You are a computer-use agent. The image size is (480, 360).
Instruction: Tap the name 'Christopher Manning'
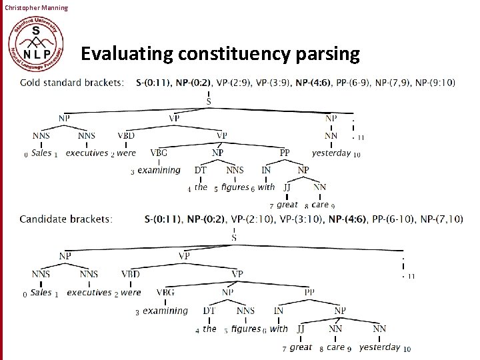click(35, 7)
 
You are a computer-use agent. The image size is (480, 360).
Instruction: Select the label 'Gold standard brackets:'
click(72, 83)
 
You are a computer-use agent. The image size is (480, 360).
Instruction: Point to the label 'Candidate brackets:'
click(66, 219)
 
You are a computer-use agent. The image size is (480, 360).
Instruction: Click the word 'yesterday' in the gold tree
click(331, 153)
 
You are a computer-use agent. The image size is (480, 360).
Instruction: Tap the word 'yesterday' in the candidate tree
click(379, 347)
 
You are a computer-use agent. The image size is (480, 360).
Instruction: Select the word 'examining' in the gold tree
click(159, 170)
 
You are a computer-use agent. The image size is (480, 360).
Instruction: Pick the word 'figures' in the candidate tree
click(246, 329)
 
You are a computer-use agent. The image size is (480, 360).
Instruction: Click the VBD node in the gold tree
click(126, 135)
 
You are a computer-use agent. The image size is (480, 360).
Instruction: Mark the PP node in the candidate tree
click(310, 292)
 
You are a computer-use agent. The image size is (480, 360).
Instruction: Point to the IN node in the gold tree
click(266, 170)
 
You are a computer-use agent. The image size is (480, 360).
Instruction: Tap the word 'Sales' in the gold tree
click(41, 153)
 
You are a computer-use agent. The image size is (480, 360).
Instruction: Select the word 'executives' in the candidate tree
click(89, 292)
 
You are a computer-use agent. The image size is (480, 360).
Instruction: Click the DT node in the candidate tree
click(209, 311)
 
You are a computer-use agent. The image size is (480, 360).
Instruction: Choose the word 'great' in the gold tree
click(287, 205)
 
